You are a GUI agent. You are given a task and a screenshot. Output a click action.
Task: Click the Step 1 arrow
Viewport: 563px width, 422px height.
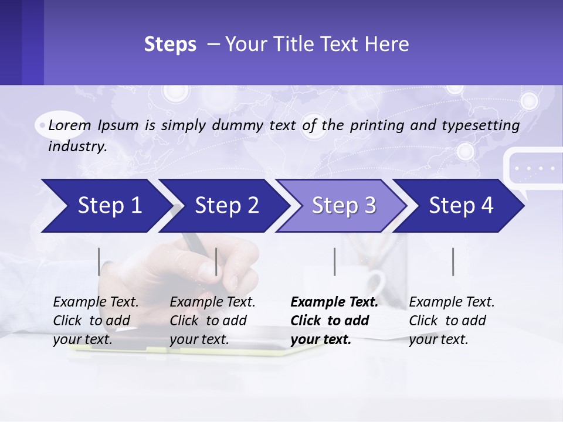click(106, 206)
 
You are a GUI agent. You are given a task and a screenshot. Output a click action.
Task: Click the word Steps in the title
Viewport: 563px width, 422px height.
click(170, 45)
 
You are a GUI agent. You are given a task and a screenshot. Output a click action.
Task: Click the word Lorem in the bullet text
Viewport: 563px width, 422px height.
click(70, 125)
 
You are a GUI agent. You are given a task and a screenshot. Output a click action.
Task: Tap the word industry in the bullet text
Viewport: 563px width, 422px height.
click(77, 147)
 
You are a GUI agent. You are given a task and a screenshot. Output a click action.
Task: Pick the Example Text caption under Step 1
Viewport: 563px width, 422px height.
click(96, 302)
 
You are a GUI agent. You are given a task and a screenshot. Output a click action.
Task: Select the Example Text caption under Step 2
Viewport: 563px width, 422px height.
click(212, 302)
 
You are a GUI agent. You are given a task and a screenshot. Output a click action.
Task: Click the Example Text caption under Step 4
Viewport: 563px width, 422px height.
click(452, 302)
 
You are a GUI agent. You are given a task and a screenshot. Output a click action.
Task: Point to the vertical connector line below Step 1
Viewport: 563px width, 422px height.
click(99, 261)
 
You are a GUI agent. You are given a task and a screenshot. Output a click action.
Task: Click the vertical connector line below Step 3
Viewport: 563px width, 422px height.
click(334, 261)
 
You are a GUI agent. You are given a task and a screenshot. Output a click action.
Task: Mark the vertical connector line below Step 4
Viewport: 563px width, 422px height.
click(453, 261)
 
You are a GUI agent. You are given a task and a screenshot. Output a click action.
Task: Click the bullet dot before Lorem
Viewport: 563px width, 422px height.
click(42, 125)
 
